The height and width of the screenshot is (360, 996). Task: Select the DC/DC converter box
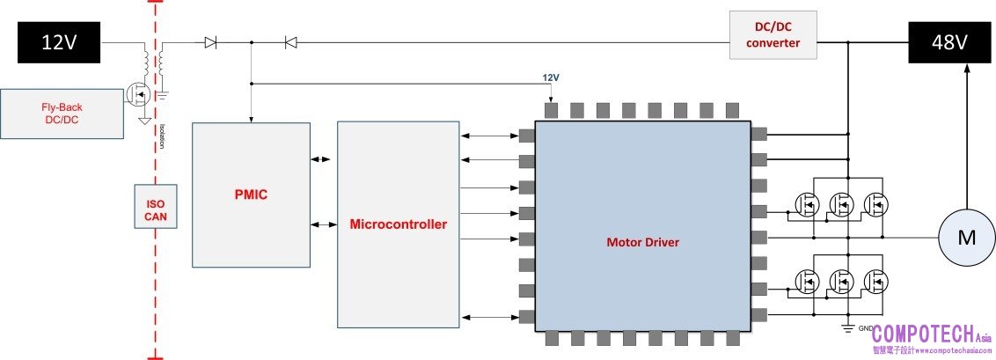click(773, 35)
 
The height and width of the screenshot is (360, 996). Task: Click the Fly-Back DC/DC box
click(62, 114)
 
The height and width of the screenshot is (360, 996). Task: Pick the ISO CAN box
click(156, 207)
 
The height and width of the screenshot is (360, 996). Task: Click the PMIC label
click(251, 195)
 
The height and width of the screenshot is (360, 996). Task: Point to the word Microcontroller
click(398, 224)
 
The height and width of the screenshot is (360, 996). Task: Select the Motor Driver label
click(642, 242)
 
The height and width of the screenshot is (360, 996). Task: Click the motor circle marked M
click(966, 237)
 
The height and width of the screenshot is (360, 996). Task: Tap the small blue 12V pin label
click(550, 77)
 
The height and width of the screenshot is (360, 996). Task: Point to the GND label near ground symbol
click(867, 328)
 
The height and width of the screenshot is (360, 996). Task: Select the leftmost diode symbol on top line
click(210, 41)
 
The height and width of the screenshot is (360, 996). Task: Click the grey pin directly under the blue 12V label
click(551, 110)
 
